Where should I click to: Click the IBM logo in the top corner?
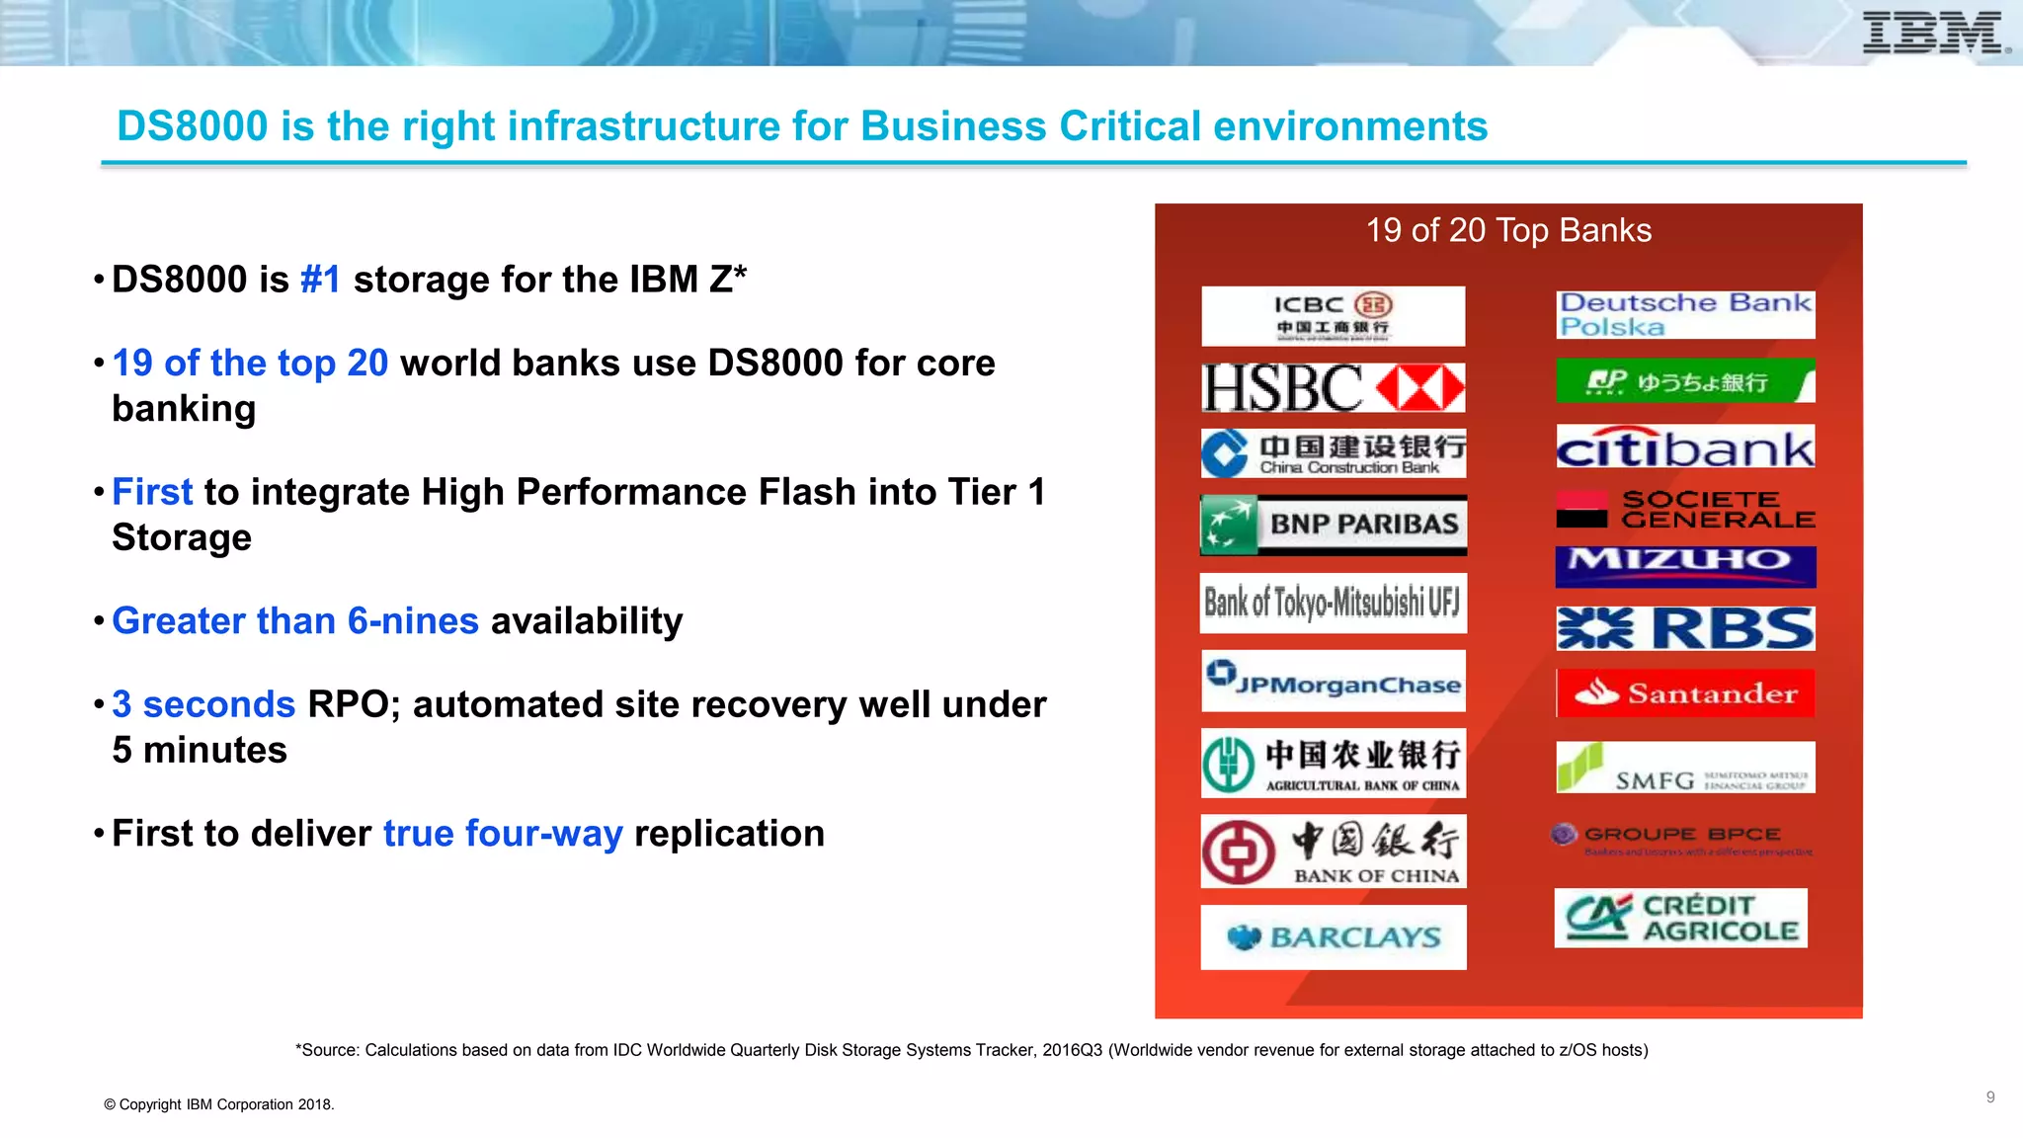point(1934,33)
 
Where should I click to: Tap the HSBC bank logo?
point(1333,387)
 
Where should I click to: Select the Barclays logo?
point(1333,936)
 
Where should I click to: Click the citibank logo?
point(1685,447)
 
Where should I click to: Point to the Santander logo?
point(1685,693)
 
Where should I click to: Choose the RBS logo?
point(1685,628)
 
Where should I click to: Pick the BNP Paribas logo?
point(1333,524)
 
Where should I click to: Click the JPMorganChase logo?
point(1333,682)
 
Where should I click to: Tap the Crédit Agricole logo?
point(1680,918)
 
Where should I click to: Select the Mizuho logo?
point(1685,564)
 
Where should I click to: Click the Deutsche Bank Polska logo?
point(1685,314)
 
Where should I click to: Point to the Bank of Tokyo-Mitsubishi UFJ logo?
point(1333,602)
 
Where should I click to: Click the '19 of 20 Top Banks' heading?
point(1507,230)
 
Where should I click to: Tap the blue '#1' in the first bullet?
point(320,280)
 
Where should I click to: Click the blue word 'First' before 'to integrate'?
point(152,492)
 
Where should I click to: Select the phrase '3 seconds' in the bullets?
point(203,704)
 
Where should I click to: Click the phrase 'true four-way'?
point(503,834)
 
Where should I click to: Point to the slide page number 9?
point(1989,1097)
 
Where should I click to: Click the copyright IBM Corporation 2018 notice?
point(219,1104)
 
